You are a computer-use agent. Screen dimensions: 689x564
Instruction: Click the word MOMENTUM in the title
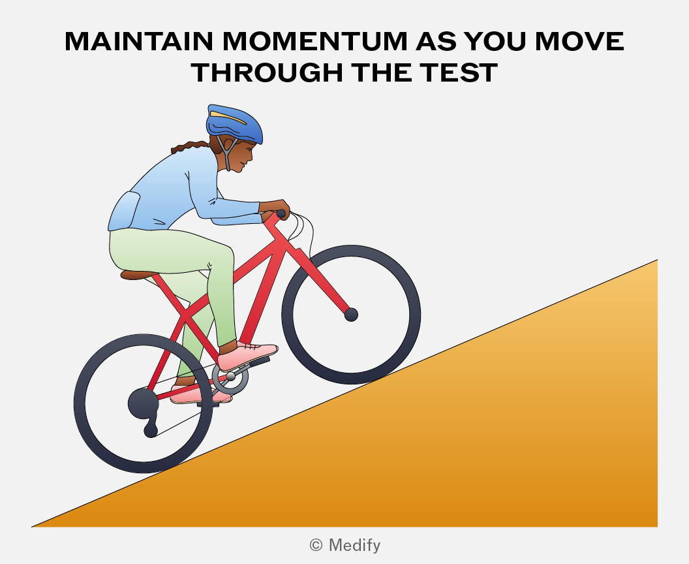point(315,41)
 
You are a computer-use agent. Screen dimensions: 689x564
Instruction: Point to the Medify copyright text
point(345,545)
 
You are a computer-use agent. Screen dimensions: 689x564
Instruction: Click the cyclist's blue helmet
point(234,123)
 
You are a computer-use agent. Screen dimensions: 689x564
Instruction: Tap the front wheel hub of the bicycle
point(351,315)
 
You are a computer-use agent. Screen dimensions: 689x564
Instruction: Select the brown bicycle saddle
point(138,275)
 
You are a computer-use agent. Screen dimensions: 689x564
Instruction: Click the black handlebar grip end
point(281,214)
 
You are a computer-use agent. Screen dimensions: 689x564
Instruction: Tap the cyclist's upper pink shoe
point(248,355)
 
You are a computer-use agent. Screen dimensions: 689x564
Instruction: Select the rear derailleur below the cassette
point(151,428)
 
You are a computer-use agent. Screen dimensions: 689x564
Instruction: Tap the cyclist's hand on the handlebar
point(275,208)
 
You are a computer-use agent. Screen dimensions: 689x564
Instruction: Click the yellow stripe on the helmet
point(228,117)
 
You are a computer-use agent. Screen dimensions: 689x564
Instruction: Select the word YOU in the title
point(495,41)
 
